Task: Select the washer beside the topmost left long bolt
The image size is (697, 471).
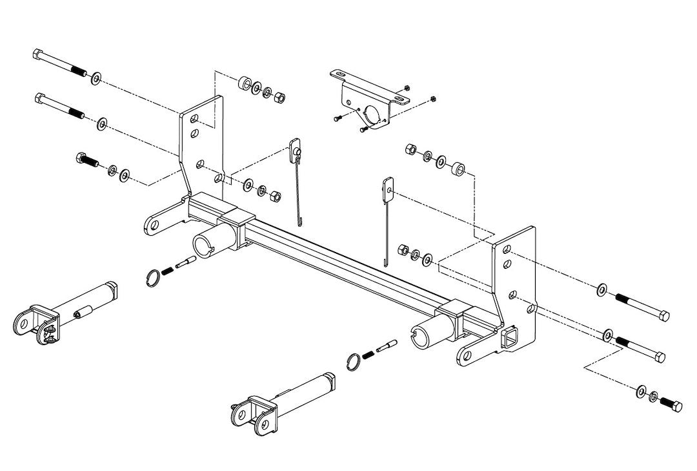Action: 96,78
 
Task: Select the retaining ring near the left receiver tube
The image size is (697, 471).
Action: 152,278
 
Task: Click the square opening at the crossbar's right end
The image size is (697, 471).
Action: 508,338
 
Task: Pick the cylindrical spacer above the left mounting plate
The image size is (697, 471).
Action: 245,84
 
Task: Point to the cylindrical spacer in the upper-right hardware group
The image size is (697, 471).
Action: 457,169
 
